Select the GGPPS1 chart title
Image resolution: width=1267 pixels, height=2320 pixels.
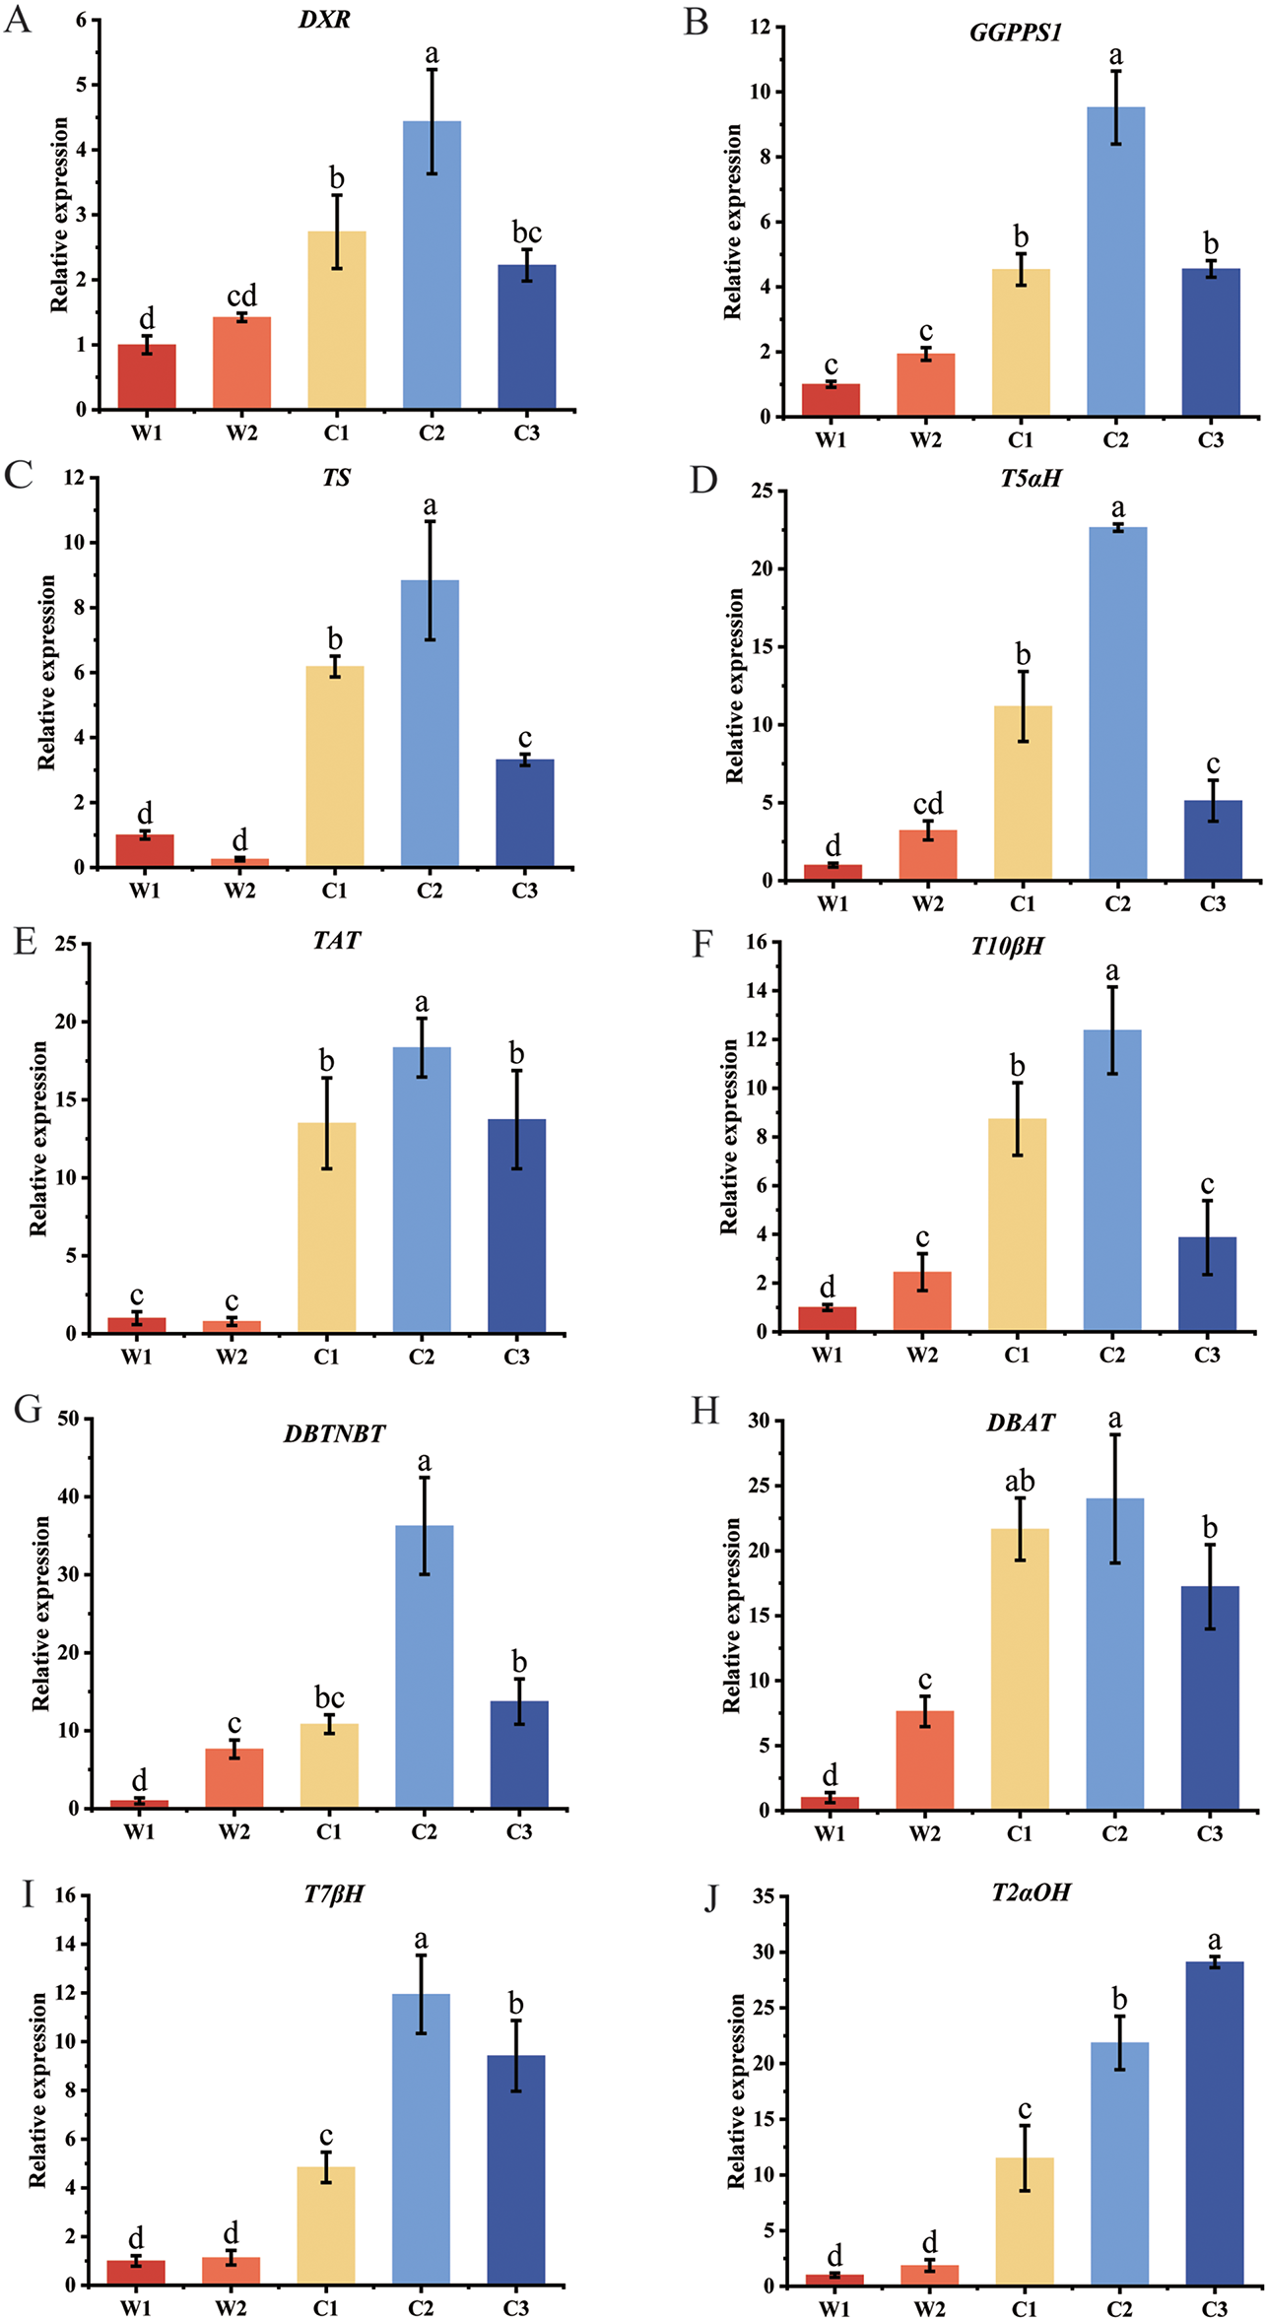coord(1016,33)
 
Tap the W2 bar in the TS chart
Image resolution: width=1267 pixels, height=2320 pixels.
coord(239,862)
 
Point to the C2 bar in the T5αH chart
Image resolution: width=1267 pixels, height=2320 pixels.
coord(1117,703)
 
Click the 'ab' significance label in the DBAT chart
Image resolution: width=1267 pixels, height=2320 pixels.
coord(1020,1482)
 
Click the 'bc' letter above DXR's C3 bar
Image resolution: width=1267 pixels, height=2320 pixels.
coord(527,232)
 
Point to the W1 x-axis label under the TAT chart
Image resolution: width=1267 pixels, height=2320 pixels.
coord(137,1358)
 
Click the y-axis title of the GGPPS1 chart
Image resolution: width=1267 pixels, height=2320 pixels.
coord(732,222)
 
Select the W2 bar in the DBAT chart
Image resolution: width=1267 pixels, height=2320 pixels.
coord(924,1759)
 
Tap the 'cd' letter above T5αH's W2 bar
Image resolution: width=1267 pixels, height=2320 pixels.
coord(927,804)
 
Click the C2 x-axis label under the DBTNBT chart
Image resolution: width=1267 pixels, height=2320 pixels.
coord(424,1831)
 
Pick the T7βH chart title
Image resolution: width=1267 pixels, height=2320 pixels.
coord(334,1893)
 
